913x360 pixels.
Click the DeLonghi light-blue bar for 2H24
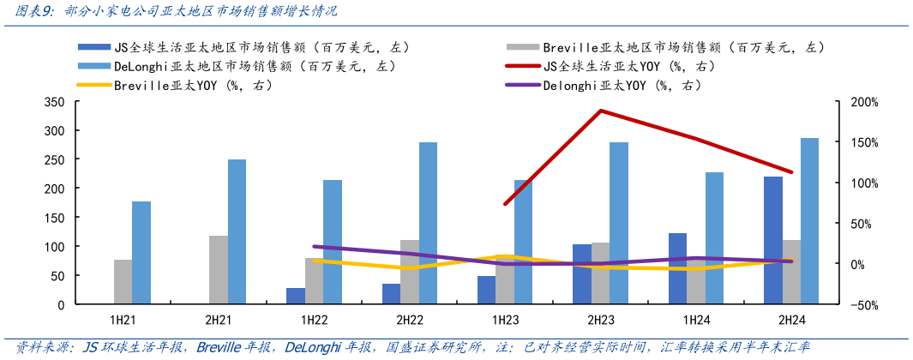(x=809, y=221)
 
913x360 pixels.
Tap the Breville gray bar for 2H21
(x=219, y=270)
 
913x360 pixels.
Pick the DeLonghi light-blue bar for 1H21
(x=141, y=253)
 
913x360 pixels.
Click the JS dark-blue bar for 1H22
(x=295, y=296)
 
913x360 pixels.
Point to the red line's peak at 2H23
(x=600, y=111)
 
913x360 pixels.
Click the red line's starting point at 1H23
(x=505, y=204)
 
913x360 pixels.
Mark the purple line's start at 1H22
(x=314, y=246)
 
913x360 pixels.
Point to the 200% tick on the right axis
(x=864, y=102)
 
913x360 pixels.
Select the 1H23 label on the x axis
(x=505, y=321)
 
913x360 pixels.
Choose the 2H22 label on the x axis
(x=410, y=321)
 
